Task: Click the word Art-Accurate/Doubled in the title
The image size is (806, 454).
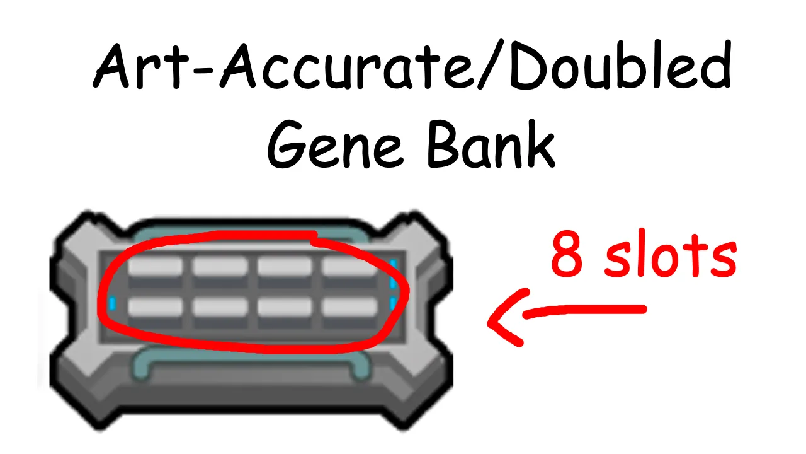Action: (x=412, y=66)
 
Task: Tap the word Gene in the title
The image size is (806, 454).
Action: (x=334, y=146)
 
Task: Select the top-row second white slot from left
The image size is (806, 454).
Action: (x=220, y=266)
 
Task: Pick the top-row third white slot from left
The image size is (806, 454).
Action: (x=285, y=266)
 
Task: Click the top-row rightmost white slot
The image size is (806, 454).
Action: (x=349, y=266)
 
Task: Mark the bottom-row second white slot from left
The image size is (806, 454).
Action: (x=220, y=307)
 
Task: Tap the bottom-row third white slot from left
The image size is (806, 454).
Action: (x=285, y=307)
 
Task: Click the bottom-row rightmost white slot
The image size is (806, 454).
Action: (x=349, y=307)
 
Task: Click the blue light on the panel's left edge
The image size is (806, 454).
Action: (x=113, y=305)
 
